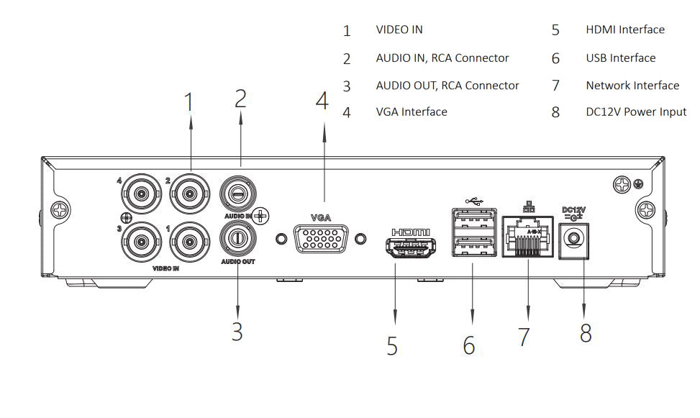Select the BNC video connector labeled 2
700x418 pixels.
pos(190,192)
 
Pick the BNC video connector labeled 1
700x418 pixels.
pos(190,242)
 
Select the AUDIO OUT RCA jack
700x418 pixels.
pos(237,238)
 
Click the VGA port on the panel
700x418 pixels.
pos(321,238)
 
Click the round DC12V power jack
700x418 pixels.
pos(574,237)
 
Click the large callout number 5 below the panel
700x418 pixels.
pos(392,345)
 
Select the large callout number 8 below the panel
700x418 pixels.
pos(586,333)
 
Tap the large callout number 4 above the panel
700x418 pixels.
pos(322,101)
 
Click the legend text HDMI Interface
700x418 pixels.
pos(624,30)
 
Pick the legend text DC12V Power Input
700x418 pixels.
pos(635,112)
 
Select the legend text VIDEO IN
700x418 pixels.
pos(399,30)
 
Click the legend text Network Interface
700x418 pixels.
pos(632,86)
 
